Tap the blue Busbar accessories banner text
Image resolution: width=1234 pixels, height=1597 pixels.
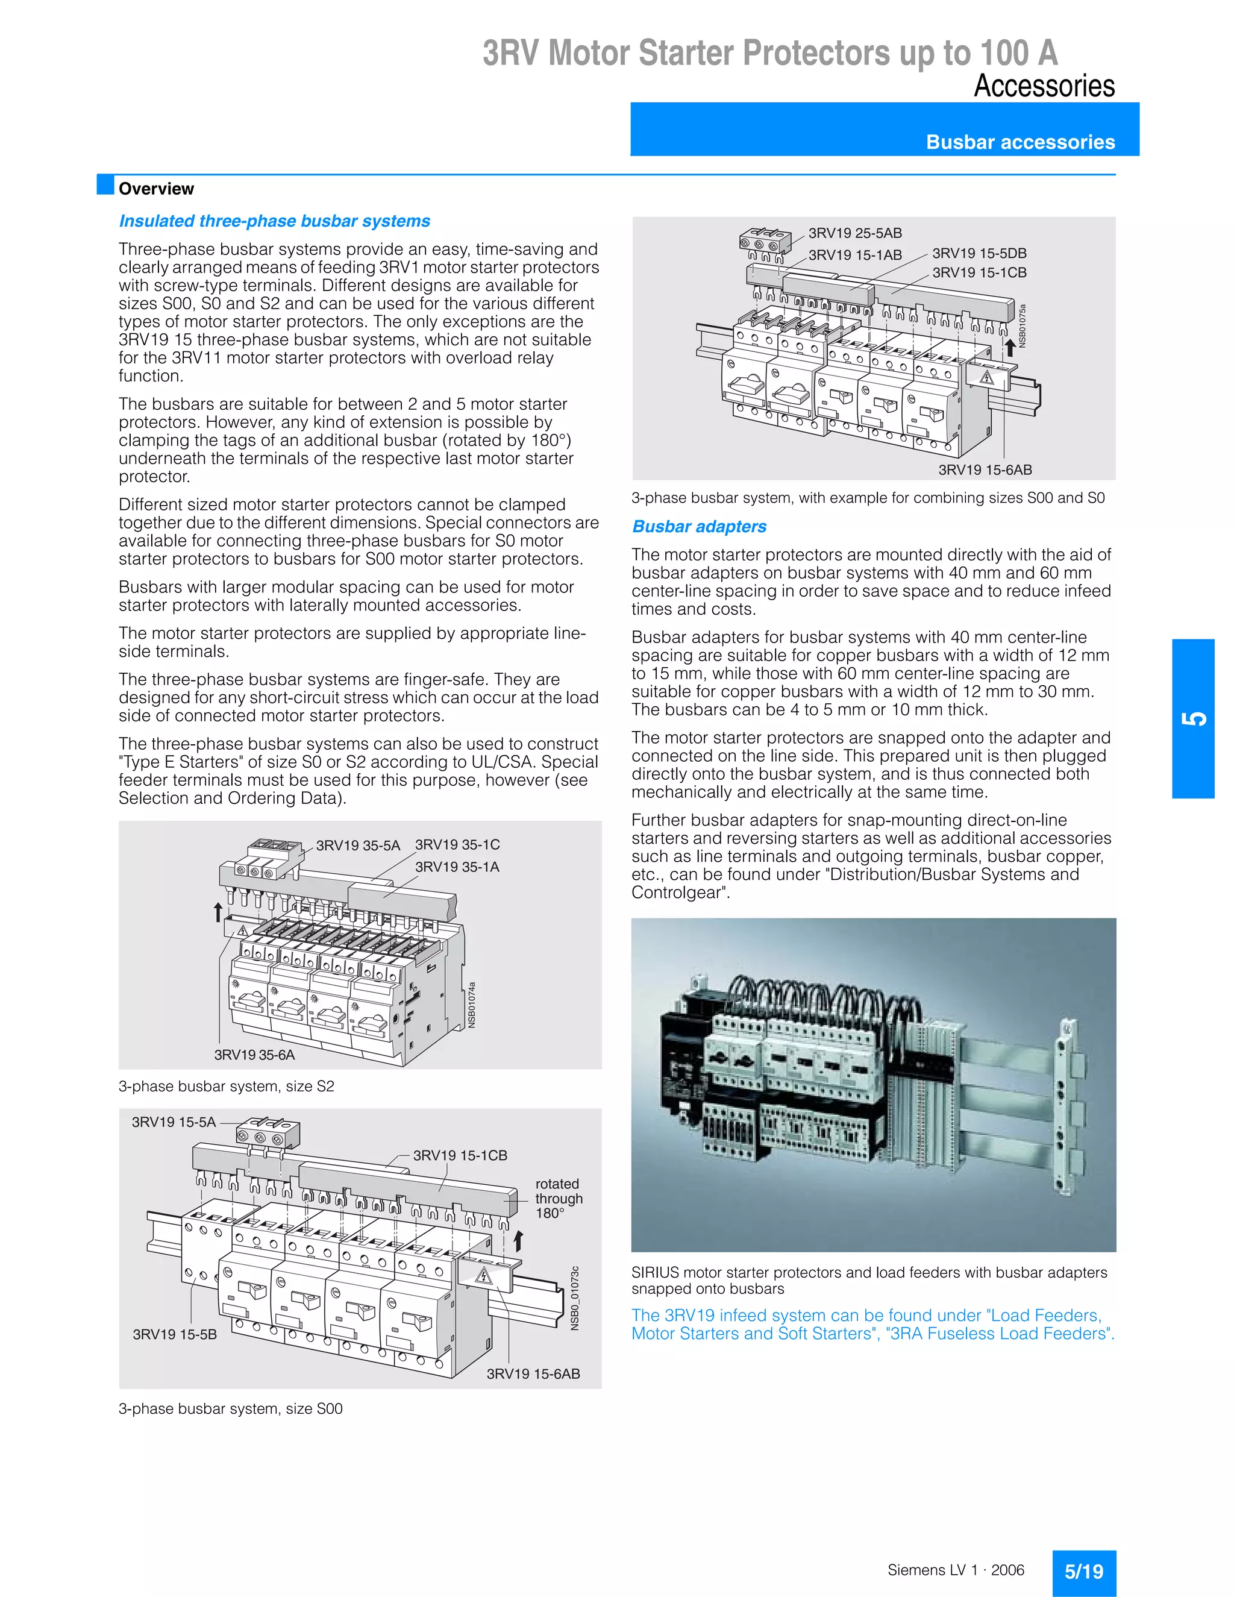(1020, 142)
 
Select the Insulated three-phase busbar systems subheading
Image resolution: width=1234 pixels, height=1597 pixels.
(274, 221)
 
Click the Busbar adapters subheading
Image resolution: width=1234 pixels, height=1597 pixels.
(699, 527)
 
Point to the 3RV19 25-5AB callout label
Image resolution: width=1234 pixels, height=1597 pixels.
(854, 233)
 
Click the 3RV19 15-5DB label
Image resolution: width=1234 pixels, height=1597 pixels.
(979, 253)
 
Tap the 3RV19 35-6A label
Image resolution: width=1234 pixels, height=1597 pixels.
(254, 1055)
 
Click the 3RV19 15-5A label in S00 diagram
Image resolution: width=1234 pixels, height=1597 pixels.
(174, 1122)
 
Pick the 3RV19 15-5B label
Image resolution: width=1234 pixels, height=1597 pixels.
(175, 1334)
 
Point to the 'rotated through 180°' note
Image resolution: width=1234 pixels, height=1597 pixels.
(559, 1198)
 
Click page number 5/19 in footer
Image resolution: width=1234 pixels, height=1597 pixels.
(1083, 1572)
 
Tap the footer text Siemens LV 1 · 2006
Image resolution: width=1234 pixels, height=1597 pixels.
(956, 1570)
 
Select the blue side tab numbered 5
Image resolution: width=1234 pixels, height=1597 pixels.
(1192, 718)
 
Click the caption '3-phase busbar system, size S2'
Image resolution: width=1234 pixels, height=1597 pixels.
(226, 1086)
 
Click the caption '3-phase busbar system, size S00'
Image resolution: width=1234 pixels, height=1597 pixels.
(230, 1408)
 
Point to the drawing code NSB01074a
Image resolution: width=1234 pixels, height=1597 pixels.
(472, 1005)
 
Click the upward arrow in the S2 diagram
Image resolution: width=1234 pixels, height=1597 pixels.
(218, 912)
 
